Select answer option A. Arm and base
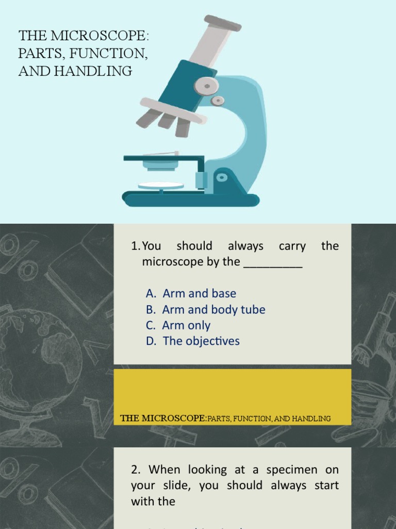(x=191, y=293)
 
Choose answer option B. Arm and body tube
(x=206, y=309)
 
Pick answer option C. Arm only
(x=178, y=325)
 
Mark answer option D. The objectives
(x=193, y=341)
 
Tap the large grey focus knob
(x=206, y=85)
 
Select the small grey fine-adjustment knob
(x=218, y=100)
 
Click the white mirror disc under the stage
(x=160, y=185)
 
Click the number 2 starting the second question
(x=135, y=470)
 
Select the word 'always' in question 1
(x=245, y=246)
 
